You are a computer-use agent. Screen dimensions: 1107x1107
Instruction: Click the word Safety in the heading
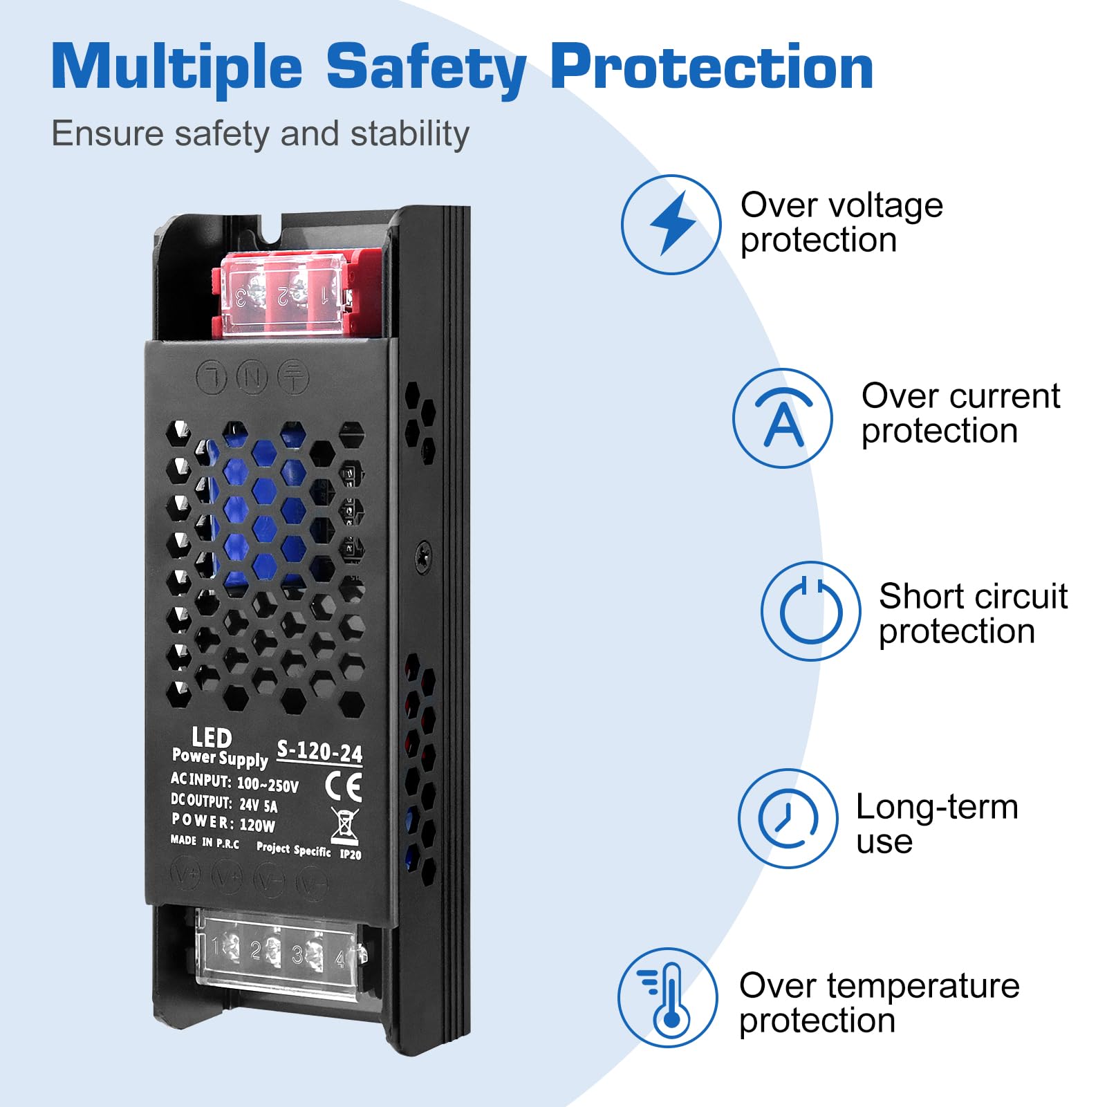click(x=427, y=68)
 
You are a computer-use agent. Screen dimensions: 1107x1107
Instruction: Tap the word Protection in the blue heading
click(x=712, y=67)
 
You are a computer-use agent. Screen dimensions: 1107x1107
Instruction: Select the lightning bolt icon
click(x=671, y=224)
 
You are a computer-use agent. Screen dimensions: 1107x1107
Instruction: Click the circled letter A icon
click(x=783, y=418)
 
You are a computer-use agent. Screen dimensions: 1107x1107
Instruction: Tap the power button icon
click(x=811, y=611)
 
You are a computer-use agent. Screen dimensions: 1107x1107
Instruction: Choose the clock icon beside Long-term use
click(x=788, y=819)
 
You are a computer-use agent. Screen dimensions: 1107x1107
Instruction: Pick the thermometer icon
click(x=668, y=998)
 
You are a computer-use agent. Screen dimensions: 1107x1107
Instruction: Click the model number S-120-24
click(x=319, y=752)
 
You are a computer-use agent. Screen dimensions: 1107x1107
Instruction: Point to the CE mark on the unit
click(x=344, y=787)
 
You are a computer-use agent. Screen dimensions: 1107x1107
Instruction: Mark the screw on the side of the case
click(x=423, y=556)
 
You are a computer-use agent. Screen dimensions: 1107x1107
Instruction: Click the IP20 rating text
click(x=351, y=854)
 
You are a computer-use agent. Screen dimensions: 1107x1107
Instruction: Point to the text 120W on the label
click(x=257, y=825)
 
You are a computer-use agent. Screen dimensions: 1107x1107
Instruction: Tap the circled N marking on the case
click(x=252, y=378)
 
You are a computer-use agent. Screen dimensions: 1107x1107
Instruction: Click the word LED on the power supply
click(x=212, y=738)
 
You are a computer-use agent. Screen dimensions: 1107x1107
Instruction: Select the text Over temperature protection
click(x=879, y=1003)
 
